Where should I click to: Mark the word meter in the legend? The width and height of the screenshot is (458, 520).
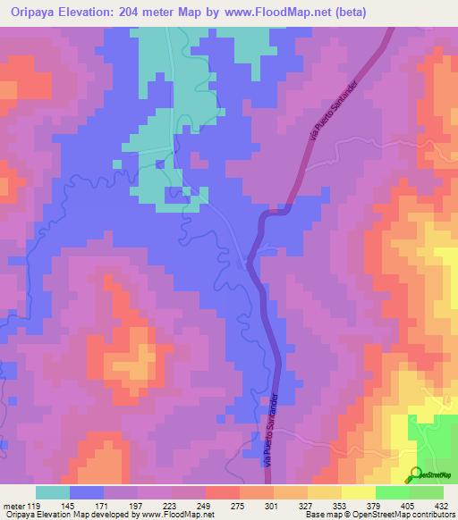12,505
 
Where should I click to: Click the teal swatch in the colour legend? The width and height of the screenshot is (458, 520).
53,492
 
